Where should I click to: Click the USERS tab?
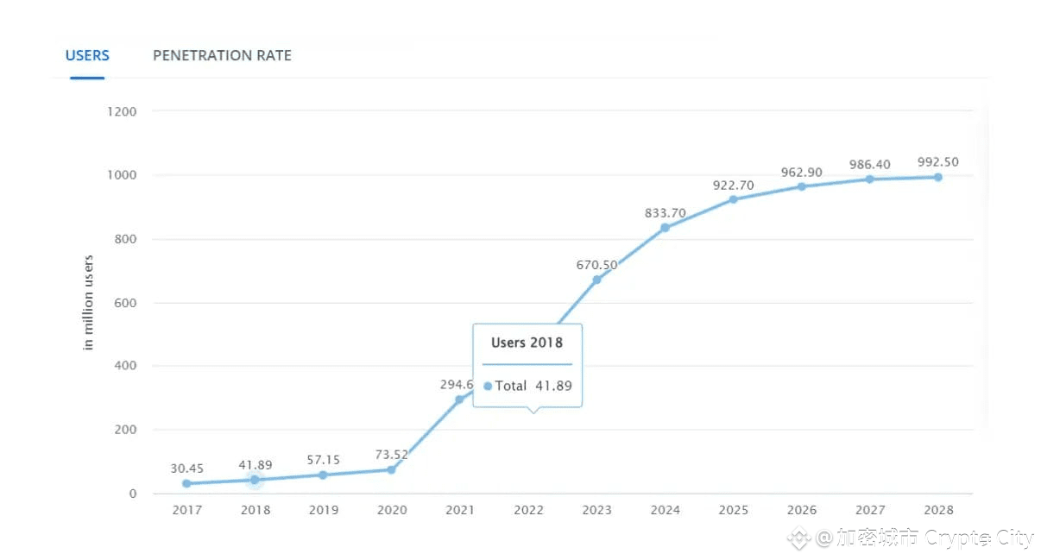87,55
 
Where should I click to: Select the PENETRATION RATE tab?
222,55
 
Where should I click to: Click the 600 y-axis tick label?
124,303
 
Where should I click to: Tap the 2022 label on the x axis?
528,510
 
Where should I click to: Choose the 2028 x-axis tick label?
938,510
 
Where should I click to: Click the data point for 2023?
596,280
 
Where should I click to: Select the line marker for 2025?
733,199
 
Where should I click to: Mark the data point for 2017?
186,483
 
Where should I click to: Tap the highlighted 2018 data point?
255,480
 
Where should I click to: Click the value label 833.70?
665,213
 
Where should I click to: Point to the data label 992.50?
938,162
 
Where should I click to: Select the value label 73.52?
392,455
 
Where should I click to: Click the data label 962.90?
801,173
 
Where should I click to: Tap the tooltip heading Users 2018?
527,343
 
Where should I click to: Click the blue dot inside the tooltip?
488,387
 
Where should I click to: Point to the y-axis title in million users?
88,302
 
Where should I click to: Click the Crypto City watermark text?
979,538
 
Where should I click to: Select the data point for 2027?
869,179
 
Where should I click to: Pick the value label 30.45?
187,469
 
